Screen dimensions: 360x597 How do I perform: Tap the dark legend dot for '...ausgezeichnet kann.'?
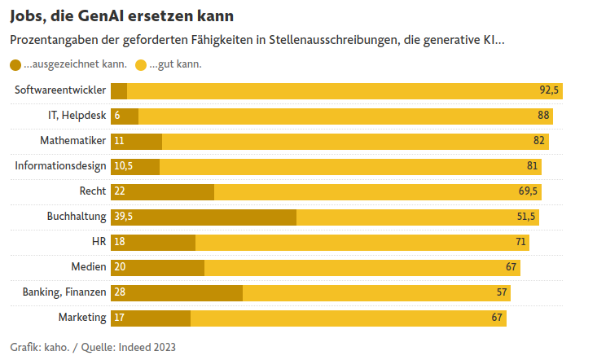(x=15, y=64)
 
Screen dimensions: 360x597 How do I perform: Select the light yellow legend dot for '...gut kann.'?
(x=141, y=64)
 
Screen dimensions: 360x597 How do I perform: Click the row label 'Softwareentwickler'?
(x=60, y=90)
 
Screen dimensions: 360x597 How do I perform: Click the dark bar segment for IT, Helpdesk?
(x=125, y=116)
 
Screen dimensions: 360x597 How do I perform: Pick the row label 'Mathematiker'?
(x=73, y=141)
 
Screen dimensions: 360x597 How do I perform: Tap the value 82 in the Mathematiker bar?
(x=538, y=141)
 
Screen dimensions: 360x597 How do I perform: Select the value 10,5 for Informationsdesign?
(x=123, y=166)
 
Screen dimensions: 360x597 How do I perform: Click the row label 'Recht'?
(x=93, y=191)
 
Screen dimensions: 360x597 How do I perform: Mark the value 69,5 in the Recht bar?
(x=528, y=191)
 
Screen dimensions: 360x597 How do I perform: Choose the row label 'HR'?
(x=99, y=242)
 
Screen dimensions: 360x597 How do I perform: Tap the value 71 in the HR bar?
(x=520, y=242)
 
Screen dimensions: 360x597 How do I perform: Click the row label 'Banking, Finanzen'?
(x=64, y=292)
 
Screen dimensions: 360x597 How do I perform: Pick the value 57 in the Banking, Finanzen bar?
(x=502, y=292)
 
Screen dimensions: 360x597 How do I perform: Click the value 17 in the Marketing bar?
(x=119, y=318)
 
